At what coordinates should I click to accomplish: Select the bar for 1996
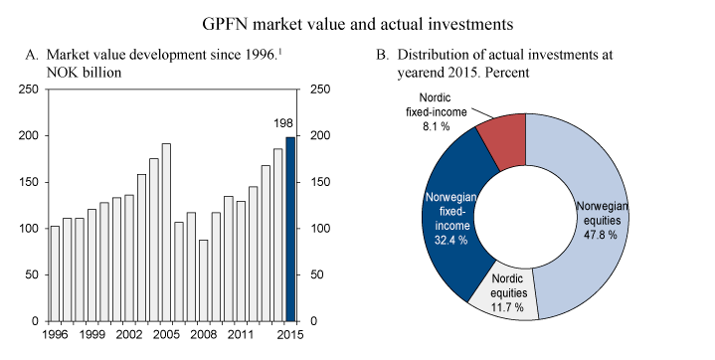[55, 273]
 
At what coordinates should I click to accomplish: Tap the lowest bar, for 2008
[204, 280]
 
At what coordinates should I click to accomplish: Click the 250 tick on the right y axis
[322, 90]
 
